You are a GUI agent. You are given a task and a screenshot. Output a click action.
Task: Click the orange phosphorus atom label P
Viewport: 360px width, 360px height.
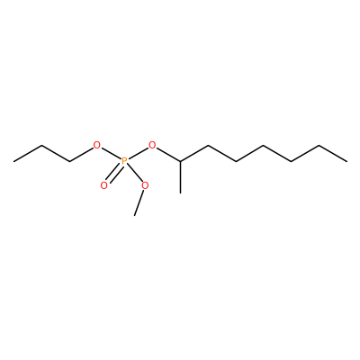[x=125, y=162]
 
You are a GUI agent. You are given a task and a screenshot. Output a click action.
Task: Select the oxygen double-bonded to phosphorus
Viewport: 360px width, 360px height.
[x=103, y=185]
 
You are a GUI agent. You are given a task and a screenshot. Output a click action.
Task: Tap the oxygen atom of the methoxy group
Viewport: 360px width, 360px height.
[x=145, y=185]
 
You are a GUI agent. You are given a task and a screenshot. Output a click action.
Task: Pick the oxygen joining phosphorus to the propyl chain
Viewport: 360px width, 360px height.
[x=96, y=146]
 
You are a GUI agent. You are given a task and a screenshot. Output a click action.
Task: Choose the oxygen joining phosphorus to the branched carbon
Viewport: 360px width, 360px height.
[x=153, y=146]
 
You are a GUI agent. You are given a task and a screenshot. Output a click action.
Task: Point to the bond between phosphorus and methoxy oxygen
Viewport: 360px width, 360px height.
[x=134, y=174]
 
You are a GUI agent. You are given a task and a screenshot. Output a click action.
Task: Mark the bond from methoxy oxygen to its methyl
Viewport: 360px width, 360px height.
[x=139, y=202]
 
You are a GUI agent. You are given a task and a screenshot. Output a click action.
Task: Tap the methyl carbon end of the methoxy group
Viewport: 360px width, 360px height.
[x=134, y=215]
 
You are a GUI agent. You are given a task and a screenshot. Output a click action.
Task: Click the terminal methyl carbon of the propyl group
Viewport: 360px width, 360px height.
[x=13, y=162]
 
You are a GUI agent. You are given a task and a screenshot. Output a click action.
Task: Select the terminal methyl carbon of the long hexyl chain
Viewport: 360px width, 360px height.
[x=347, y=162]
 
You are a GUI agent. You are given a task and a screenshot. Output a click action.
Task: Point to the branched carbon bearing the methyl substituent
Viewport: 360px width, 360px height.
[x=180, y=162]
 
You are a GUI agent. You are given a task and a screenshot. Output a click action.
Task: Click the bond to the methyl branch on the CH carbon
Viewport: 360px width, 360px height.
[x=180, y=177]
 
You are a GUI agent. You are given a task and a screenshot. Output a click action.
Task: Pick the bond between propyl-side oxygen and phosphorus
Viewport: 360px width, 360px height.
[x=111, y=154]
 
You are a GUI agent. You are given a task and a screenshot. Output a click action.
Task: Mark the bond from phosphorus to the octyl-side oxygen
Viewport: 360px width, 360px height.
[x=139, y=154]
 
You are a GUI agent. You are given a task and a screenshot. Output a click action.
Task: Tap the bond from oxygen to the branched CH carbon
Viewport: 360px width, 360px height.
[x=168, y=155]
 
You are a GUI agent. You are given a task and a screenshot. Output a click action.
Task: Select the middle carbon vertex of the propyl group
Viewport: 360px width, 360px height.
[x=41, y=146]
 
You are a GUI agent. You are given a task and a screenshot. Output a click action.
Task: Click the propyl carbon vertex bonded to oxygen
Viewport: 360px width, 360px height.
[x=69, y=162]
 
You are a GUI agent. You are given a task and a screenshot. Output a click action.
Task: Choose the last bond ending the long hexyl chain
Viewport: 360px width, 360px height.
[x=333, y=154]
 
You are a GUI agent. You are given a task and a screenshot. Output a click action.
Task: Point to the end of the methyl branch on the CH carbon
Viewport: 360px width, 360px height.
[x=180, y=193]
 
